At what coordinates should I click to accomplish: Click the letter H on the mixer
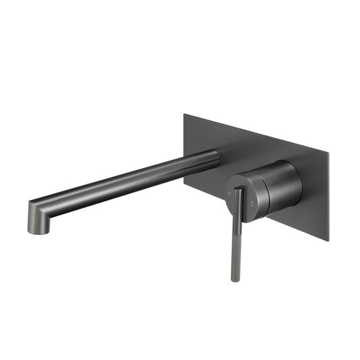[x=230, y=194]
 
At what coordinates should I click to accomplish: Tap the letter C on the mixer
[x=253, y=203]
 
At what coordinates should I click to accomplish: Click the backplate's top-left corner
[x=184, y=114]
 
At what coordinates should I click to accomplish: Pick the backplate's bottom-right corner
[x=328, y=240]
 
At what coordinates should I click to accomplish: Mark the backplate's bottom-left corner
[x=184, y=178]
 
